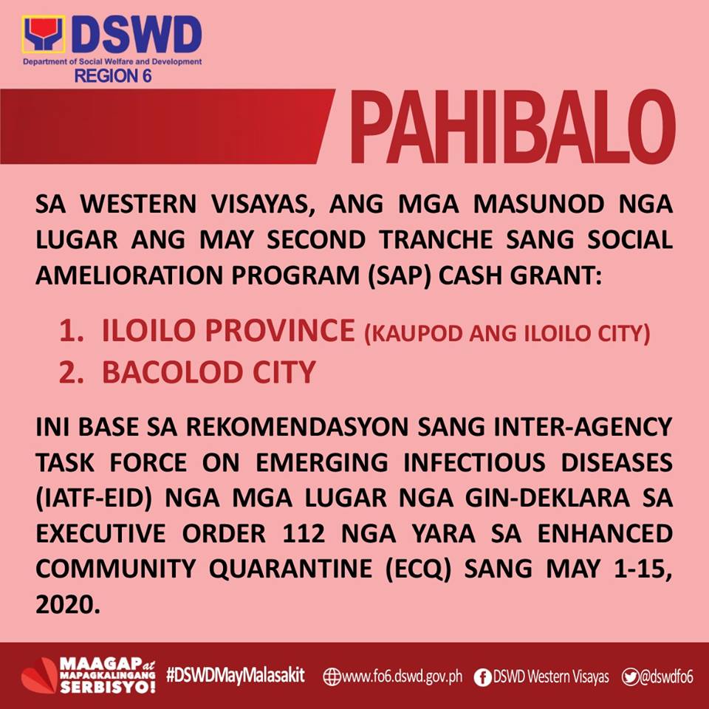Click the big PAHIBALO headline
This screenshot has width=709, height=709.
click(x=513, y=127)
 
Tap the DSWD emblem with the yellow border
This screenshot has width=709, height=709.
click(x=44, y=35)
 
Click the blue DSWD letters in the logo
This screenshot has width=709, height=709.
click(x=136, y=35)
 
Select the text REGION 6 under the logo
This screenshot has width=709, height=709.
click(x=112, y=76)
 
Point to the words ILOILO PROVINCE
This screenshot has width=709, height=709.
click(x=228, y=331)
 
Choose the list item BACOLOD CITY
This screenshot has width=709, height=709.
click(x=208, y=372)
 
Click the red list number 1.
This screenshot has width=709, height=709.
click(x=71, y=331)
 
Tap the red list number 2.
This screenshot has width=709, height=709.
click(x=71, y=372)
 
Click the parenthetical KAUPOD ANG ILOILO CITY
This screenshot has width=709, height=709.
click(x=507, y=334)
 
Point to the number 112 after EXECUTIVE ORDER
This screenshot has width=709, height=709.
click(x=304, y=533)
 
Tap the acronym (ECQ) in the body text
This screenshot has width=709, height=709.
click(x=418, y=569)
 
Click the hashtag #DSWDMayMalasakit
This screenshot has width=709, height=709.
click(x=235, y=676)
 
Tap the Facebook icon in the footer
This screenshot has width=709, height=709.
click(x=482, y=677)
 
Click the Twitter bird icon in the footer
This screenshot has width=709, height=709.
click(x=629, y=677)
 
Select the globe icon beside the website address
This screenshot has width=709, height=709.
click(x=332, y=677)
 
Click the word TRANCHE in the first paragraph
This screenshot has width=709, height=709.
click(x=436, y=239)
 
